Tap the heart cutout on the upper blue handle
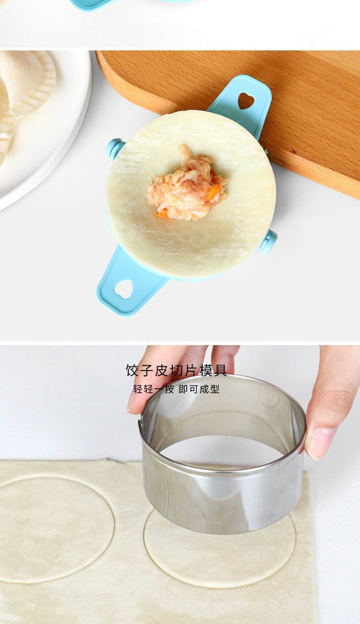[246, 100]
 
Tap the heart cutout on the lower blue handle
[123, 289]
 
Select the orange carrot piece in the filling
[213, 192]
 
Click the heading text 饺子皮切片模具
[176, 371]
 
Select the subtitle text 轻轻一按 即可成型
[176, 389]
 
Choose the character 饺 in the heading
[132, 371]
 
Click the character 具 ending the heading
[220, 371]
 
